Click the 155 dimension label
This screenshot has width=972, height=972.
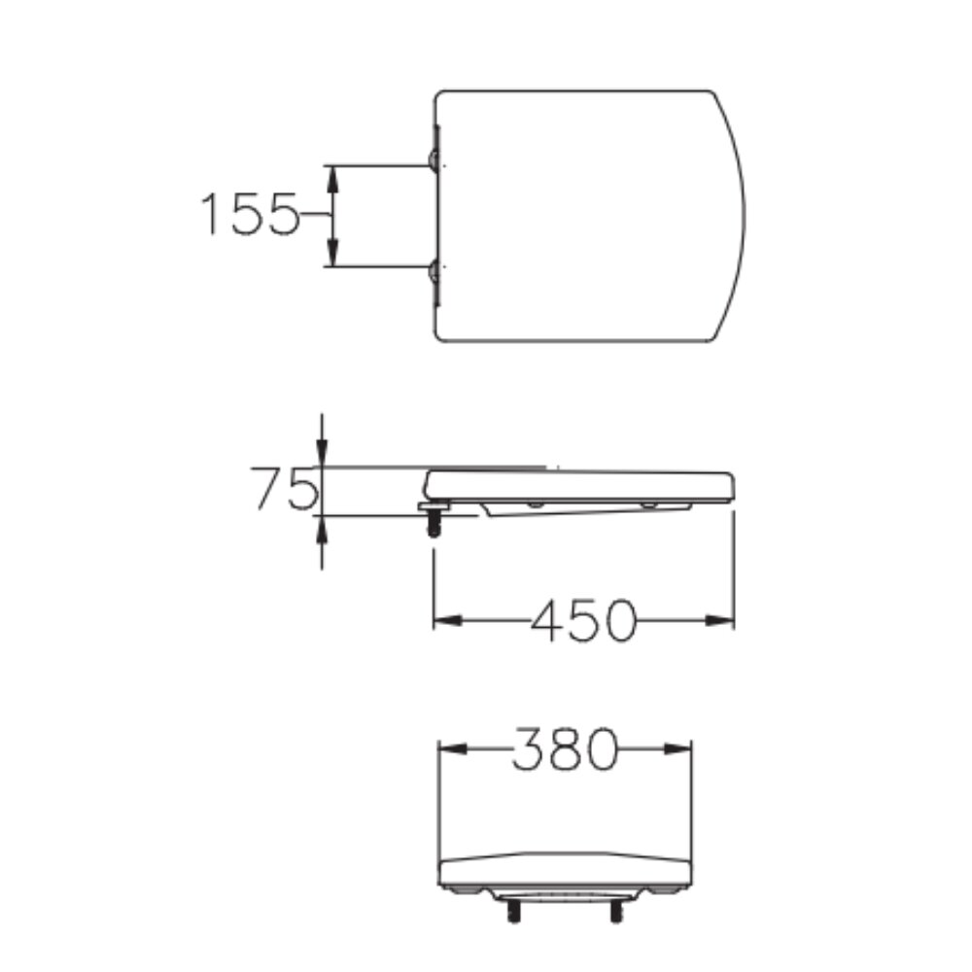248,215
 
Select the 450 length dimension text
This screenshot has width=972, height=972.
583,619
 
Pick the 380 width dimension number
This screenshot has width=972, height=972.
565,749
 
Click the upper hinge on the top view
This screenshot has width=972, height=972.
433,159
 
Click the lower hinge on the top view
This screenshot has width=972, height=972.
433,271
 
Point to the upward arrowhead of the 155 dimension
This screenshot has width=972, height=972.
331,175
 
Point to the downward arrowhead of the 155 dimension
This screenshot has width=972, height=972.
331,256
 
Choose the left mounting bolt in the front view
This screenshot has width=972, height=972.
510,912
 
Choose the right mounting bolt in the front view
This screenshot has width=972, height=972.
615,912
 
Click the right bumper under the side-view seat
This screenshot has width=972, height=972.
648,505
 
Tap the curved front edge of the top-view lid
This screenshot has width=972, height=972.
744,216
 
